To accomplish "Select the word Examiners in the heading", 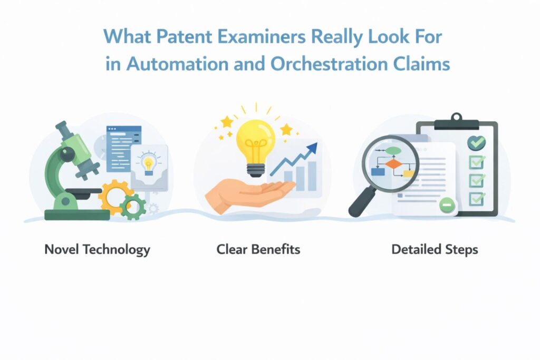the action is click(x=262, y=36).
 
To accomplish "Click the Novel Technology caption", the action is click(x=97, y=249).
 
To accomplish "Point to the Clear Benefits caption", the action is click(x=258, y=249).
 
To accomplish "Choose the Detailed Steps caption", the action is click(x=435, y=249).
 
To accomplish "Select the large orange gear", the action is click(x=115, y=197).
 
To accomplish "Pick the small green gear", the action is click(x=133, y=207).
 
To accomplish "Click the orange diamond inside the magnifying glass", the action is click(x=393, y=164).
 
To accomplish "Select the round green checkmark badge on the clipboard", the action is click(x=476, y=142).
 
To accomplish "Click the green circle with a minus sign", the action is click(x=447, y=205).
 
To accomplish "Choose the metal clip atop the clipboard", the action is click(x=456, y=121).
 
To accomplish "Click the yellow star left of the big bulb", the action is click(x=227, y=121).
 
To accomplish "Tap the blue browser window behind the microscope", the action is click(x=123, y=149).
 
